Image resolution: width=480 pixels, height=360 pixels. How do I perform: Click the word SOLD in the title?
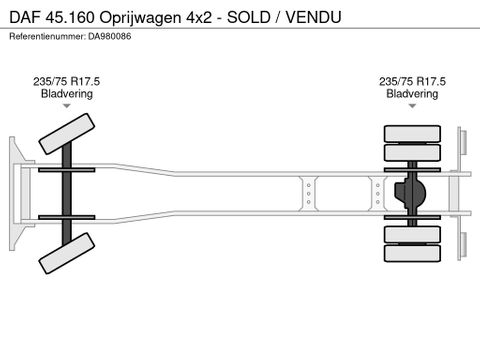248,17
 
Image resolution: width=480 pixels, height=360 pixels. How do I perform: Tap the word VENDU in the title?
313,17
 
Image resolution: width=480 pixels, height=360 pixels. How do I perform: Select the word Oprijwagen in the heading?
140,18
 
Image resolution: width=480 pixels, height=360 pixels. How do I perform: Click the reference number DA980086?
110,36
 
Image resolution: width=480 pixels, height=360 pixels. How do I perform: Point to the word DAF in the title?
25,17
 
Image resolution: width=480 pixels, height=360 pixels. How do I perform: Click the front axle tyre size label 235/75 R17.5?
66,81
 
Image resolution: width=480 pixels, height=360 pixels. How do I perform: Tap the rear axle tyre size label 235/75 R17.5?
412,81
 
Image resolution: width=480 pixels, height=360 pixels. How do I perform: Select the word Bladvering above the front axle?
67,94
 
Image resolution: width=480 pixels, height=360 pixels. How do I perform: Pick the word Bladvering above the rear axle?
412,94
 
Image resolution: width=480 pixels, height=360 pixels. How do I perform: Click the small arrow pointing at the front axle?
67,106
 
